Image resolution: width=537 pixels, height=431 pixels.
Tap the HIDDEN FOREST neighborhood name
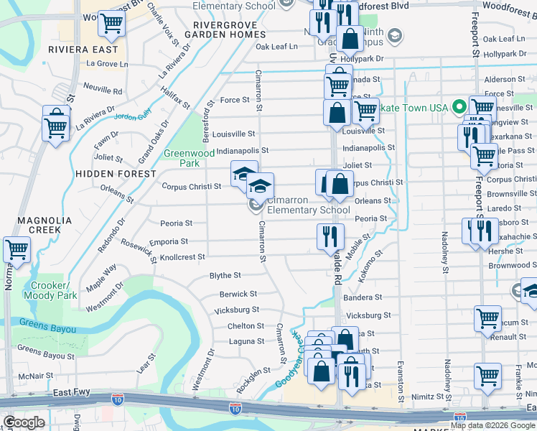click(x=115, y=174)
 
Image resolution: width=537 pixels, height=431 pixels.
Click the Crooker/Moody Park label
click(x=50, y=290)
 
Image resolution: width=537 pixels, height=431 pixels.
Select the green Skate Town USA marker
click(x=455, y=108)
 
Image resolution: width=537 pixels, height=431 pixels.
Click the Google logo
click(x=24, y=422)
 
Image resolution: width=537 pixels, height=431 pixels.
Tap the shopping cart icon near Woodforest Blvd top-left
click(x=111, y=24)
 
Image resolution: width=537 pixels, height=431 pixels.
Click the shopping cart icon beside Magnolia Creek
click(x=17, y=250)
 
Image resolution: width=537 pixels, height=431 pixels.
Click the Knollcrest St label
click(x=182, y=256)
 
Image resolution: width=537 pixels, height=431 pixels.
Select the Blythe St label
click(x=225, y=275)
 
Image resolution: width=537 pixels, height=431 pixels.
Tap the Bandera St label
click(x=363, y=297)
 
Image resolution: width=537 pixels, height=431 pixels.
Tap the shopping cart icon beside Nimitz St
click(x=487, y=375)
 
